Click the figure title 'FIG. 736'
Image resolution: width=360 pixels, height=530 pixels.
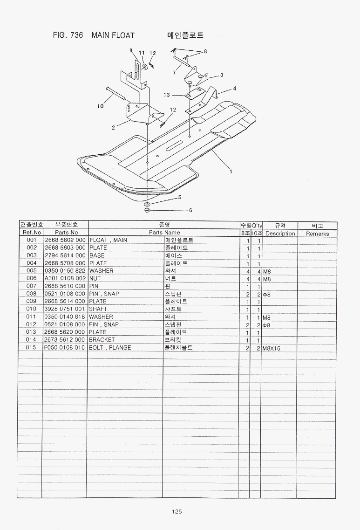click(x=68, y=35)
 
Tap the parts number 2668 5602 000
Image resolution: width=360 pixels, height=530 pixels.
click(x=65, y=240)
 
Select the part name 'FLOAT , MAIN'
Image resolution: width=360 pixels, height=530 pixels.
click(x=109, y=240)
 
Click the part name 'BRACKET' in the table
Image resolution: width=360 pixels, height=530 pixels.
click(x=102, y=340)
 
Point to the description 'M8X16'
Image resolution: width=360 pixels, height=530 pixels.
click(x=272, y=349)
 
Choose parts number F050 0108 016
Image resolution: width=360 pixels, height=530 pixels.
click(x=65, y=347)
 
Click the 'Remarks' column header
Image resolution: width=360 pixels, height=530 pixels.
click(x=318, y=234)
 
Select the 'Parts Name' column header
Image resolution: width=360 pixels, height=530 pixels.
click(x=164, y=233)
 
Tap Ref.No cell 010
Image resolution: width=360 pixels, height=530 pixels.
click(x=31, y=309)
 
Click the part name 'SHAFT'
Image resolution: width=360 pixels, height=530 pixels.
click(x=98, y=309)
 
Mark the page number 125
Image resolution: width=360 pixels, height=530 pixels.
click(x=177, y=511)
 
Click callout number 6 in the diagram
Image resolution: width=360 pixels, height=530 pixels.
click(x=190, y=210)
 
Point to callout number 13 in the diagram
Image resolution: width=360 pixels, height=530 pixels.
click(x=167, y=95)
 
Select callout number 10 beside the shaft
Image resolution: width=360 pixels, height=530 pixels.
click(x=100, y=106)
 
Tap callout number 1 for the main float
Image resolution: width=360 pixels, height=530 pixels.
click(x=231, y=172)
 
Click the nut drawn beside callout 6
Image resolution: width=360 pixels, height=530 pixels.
click(x=147, y=210)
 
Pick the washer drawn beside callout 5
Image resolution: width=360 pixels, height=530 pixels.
click(x=147, y=204)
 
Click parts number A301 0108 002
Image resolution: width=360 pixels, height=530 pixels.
click(x=65, y=279)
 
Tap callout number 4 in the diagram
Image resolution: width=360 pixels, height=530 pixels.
click(x=235, y=89)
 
